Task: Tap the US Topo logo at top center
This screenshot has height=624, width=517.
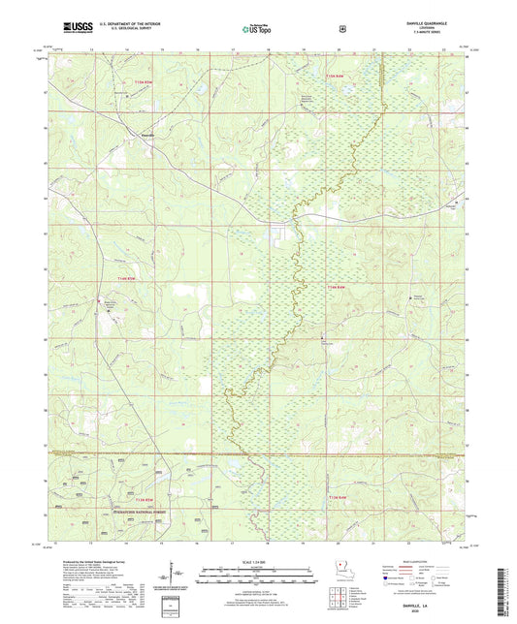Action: (x=256, y=30)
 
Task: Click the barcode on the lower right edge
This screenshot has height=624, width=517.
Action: (x=505, y=587)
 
